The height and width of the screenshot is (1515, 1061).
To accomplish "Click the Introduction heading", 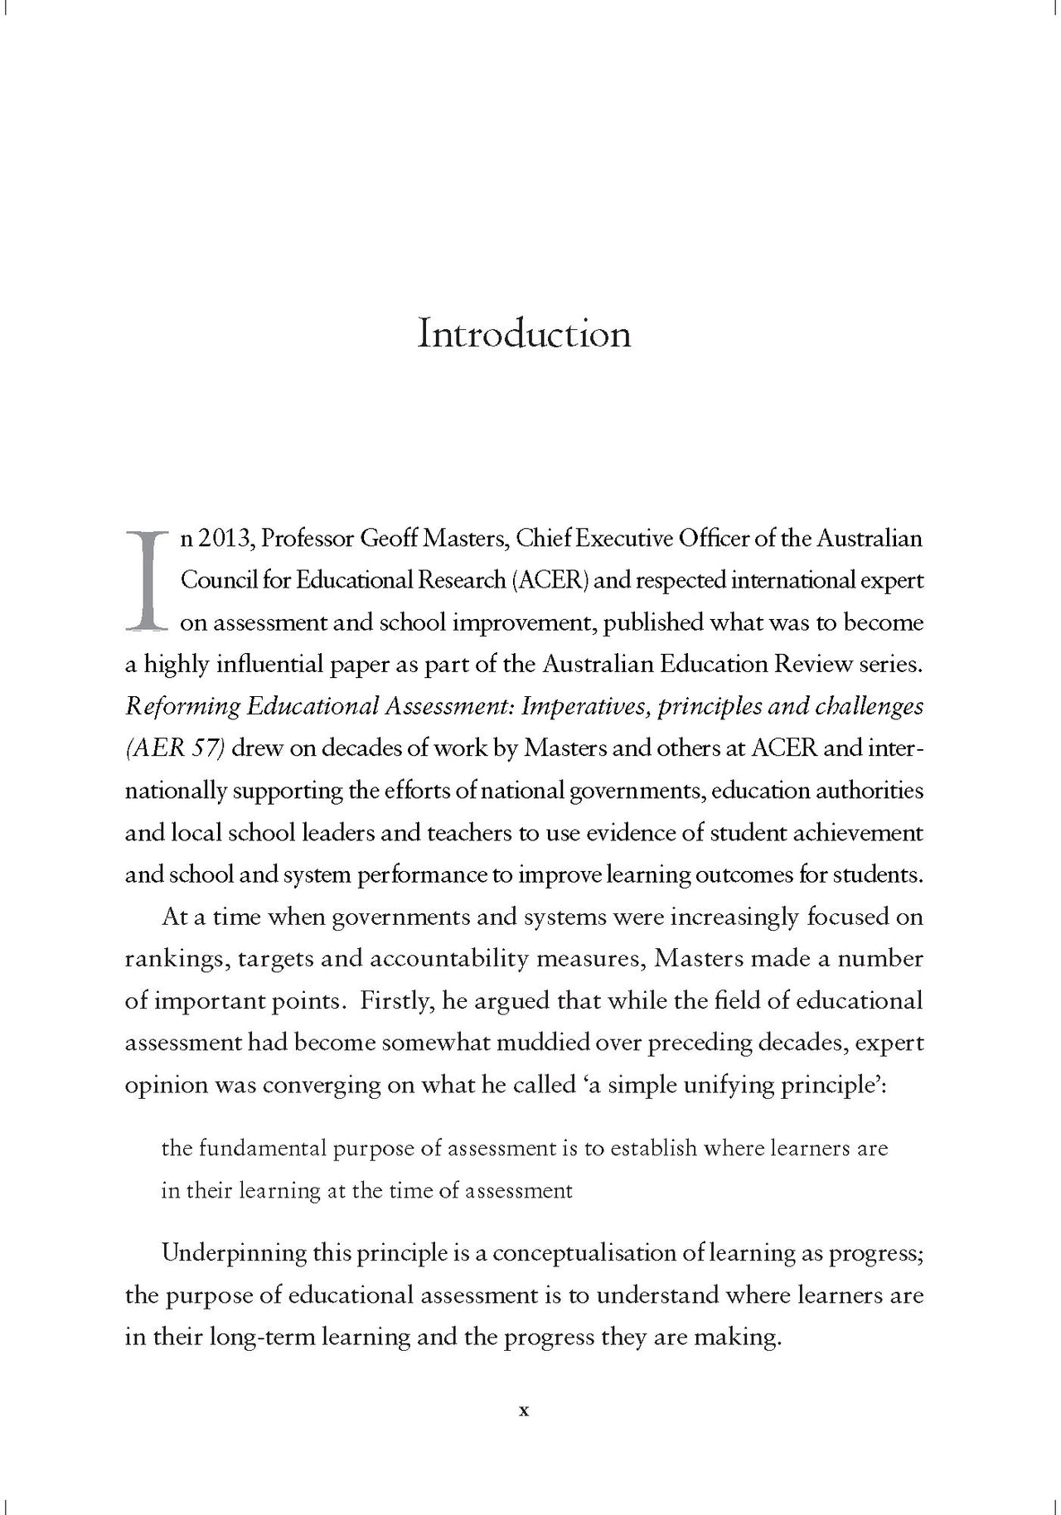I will tap(524, 333).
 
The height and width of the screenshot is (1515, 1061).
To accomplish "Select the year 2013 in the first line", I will tap(222, 539).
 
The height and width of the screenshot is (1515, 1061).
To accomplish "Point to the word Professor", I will tap(307, 539).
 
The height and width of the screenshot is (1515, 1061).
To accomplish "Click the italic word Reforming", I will tap(182, 706).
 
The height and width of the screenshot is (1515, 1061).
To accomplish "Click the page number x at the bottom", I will tap(523, 1411).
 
